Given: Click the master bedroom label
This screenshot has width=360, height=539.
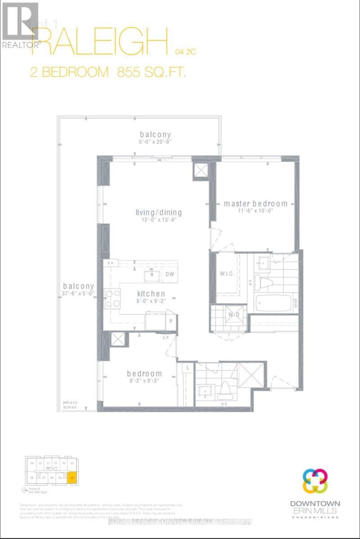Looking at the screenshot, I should pyautogui.click(x=255, y=203).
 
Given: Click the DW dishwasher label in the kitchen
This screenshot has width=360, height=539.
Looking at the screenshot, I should pyautogui.click(x=169, y=274).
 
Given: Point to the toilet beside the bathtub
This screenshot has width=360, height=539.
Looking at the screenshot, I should pyautogui.click(x=261, y=281).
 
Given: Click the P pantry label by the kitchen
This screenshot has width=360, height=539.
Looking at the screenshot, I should pyautogui.click(x=171, y=322).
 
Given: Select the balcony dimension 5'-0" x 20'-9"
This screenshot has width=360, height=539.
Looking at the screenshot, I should pyautogui.click(x=155, y=142).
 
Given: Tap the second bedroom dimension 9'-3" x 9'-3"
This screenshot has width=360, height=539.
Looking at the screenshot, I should pyautogui.click(x=144, y=381).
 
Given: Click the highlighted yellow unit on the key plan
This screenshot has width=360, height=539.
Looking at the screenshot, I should pyautogui.click(x=72, y=477).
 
